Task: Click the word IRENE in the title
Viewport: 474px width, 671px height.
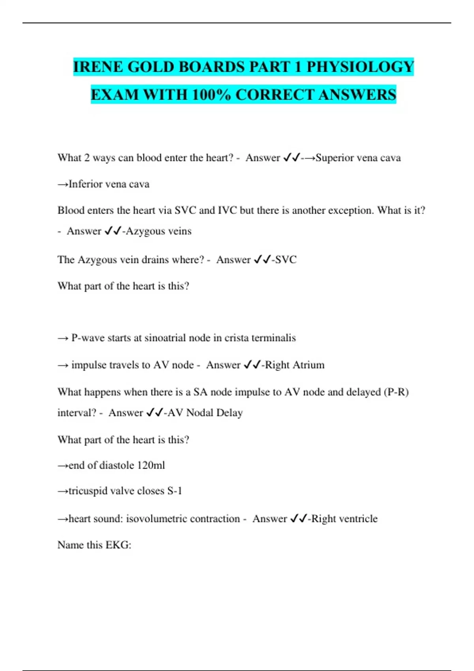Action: click(x=98, y=67)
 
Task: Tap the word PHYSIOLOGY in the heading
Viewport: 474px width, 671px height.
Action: click(x=360, y=67)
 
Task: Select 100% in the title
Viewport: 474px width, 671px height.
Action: click(x=211, y=95)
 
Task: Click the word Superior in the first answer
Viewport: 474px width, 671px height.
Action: click(x=334, y=158)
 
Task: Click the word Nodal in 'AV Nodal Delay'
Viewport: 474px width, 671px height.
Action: click(x=199, y=413)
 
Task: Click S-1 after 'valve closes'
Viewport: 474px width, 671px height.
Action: click(x=175, y=491)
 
